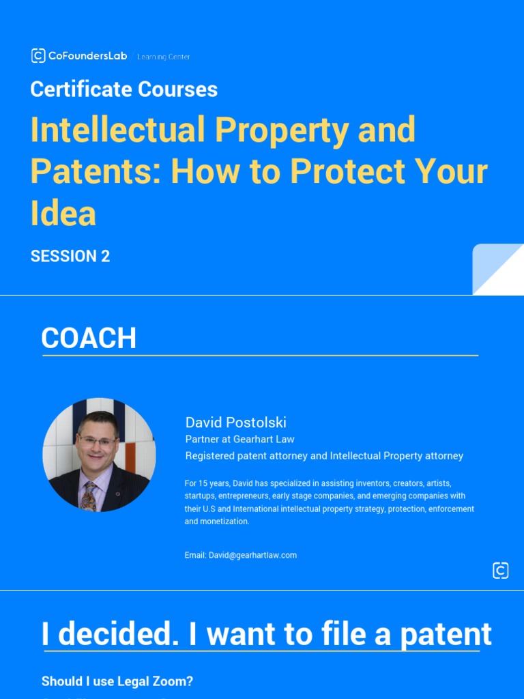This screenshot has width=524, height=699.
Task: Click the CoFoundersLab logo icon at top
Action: click(38, 56)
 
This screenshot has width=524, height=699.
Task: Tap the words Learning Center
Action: click(164, 57)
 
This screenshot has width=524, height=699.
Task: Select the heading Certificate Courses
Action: click(123, 89)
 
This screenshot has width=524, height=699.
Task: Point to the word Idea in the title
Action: click(63, 213)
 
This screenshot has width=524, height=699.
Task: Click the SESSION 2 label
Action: click(70, 257)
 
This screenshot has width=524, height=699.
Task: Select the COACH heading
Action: click(89, 338)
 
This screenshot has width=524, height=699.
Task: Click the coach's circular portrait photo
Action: click(99, 455)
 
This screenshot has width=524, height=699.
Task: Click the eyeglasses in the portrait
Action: click(98, 441)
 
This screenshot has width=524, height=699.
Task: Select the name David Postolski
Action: click(235, 423)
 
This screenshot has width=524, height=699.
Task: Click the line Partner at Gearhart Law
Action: click(239, 439)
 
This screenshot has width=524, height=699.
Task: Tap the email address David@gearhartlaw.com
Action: click(252, 556)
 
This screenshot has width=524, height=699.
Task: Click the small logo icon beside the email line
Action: click(500, 571)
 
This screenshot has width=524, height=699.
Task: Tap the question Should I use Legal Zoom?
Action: click(117, 681)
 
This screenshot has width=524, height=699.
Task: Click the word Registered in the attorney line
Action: click(209, 456)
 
